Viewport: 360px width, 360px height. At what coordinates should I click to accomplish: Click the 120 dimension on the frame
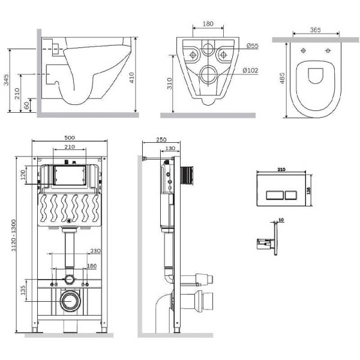(23, 176)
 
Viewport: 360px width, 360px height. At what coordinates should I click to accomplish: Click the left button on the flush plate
(271, 194)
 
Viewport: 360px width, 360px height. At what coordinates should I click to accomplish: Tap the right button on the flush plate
(290, 194)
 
